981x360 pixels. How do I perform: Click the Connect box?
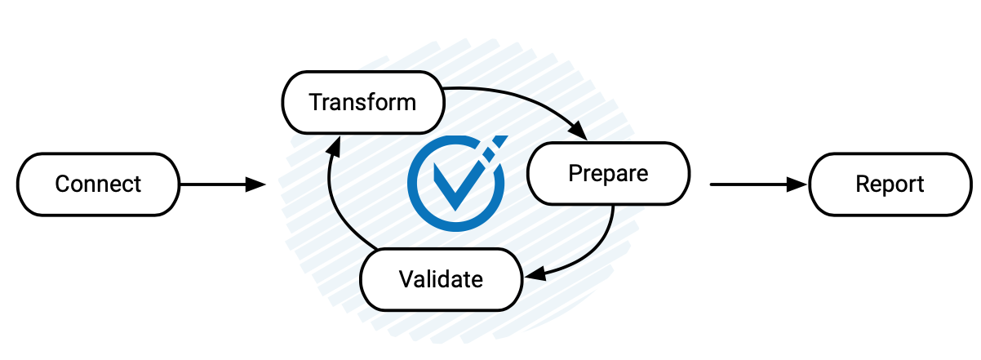click(98, 184)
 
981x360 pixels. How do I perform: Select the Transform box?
click(362, 103)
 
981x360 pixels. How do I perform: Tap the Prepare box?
click(608, 173)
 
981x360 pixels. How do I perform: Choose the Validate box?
click(441, 278)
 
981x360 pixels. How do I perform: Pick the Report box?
click(890, 184)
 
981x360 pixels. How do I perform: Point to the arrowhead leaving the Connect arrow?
click(255, 185)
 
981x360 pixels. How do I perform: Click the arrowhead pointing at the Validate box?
click(534, 274)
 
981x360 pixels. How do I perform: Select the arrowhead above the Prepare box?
click(578, 131)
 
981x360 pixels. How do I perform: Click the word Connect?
click(98, 184)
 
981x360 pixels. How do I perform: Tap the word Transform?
click(362, 103)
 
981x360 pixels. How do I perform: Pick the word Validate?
click(441, 279)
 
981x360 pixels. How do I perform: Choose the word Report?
click(890, 184)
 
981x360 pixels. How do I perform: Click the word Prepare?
click(608, 173)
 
